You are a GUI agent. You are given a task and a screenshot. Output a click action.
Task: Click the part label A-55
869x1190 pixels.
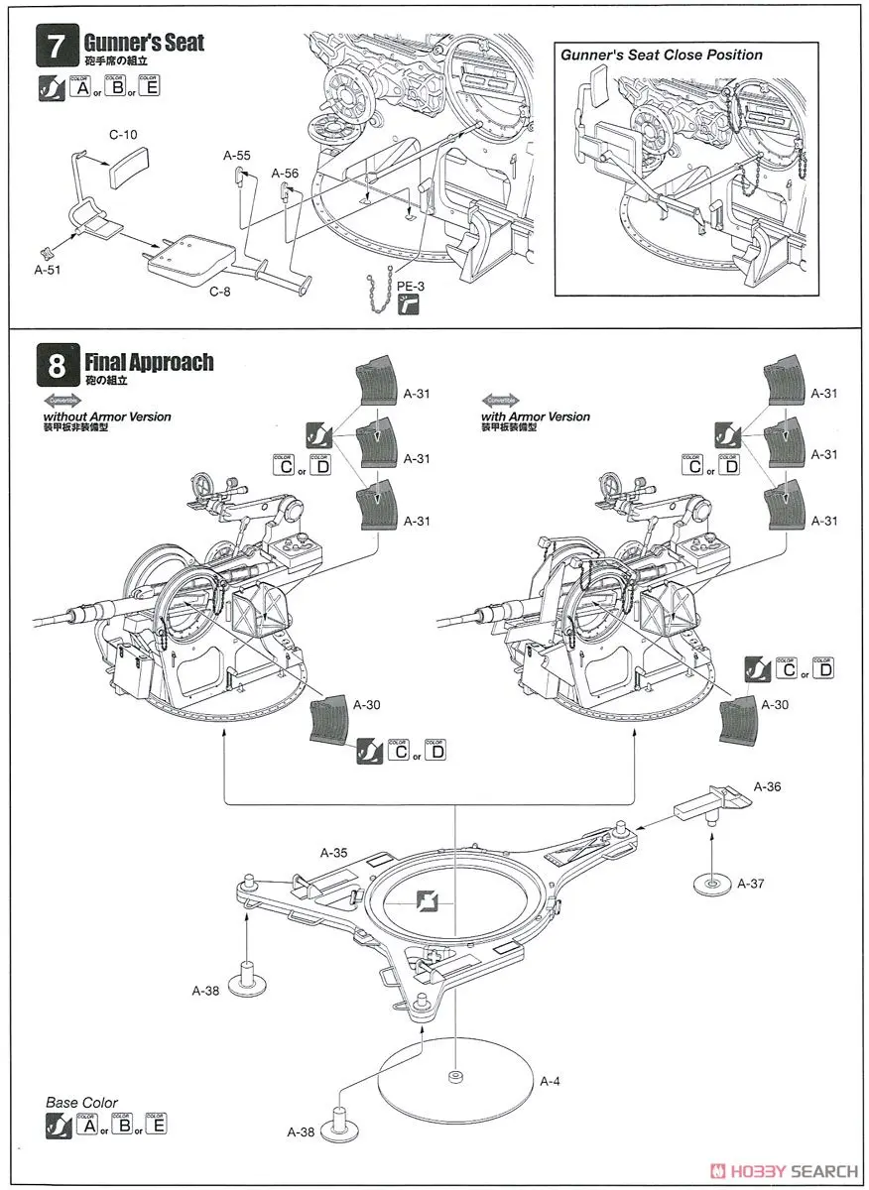click(236, 155)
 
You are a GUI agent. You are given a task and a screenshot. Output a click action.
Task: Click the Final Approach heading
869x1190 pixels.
click(149, 362)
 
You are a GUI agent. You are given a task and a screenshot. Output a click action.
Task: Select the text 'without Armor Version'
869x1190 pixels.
click(107, 416)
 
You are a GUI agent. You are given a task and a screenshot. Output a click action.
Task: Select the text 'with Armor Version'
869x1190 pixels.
click(536, 416)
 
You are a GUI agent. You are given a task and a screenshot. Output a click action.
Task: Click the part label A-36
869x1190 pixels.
click(768, 786)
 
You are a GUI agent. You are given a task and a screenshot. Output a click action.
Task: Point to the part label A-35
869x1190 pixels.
click(333, 851)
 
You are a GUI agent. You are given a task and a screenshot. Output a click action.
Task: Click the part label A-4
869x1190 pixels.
click(549, 1080)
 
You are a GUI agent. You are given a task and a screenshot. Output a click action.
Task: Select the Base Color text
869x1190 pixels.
click(81, 1102)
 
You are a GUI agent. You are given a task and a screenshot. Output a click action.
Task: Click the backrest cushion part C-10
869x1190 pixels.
click(127, 163)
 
